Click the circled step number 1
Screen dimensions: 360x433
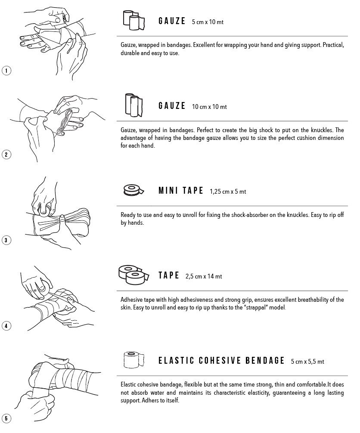[6, 71]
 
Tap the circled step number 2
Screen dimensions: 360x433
[6, 155]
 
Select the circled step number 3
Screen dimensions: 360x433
[6, 240]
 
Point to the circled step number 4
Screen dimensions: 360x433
[6, 325]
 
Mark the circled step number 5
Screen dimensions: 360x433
[6, 418]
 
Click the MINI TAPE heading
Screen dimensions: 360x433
[181, 191]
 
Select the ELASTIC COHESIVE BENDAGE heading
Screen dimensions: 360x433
[221, 360]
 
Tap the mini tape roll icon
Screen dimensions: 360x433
[133, 190]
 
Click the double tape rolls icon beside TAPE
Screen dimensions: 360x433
[134, 274]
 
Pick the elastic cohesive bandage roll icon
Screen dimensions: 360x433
[134, 360]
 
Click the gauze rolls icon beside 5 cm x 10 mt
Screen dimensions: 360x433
[134, 20]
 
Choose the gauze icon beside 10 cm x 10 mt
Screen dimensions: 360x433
[134, 105]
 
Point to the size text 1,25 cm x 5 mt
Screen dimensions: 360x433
[228, 192]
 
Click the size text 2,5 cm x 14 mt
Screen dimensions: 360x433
[204, 276]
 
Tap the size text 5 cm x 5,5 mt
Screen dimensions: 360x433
[307, 361]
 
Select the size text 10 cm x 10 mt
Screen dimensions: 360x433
[209, 107]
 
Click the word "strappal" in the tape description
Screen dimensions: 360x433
[257, 307]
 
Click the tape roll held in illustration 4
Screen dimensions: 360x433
[44, 286]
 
